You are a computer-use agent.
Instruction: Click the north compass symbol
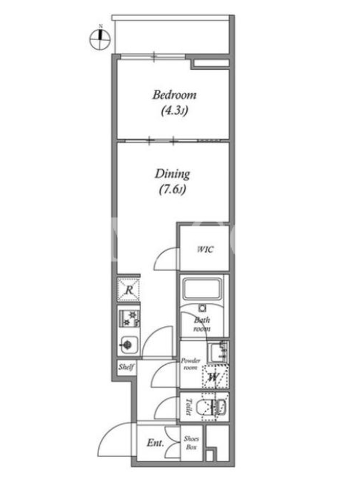(x=100, y=38)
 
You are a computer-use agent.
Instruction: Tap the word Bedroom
(x=175, y=95)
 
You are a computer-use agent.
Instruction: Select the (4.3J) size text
(x=174, y=110)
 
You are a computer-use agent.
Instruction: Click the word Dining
(x=172, y=174)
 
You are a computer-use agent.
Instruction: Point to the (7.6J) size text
(x=172, y=190)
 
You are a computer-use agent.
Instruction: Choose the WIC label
(x=205, y=249)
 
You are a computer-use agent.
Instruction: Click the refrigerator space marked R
(x=129, y=290)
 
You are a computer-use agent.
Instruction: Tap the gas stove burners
(x=129, y=319)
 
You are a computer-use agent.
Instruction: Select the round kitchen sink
(x=127, y=345)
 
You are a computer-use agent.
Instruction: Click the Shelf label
(x=126, y=367)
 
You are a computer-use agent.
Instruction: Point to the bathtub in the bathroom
(x=202, y=288)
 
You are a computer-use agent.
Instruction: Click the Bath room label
(x=202, y=325)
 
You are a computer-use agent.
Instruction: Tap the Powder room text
(x=190, y=364)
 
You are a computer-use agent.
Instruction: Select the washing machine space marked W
(x=215, y=377)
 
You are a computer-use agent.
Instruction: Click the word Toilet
(x=189, y=407)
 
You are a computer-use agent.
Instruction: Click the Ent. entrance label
(x=155, y=443)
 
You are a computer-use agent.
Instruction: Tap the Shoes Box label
(x=191, y=443)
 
